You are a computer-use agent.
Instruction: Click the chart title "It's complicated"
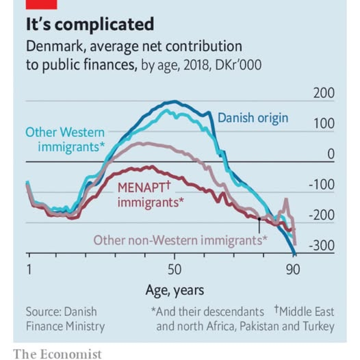coord(89,25)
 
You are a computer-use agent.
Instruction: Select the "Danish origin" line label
coord(253,118)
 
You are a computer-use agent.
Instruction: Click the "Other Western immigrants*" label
coord(66,139)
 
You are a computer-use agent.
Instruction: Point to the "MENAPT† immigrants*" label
coord(150,194)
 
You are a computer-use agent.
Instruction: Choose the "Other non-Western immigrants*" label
coord(180,240)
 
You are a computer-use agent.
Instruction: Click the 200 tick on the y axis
coord(324,93)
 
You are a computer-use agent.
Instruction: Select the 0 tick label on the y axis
coord(330,155)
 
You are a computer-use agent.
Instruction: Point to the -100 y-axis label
coord(321,185)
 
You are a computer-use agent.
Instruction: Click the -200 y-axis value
coord(321,216)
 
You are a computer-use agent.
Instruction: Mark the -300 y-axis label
coord(321,246)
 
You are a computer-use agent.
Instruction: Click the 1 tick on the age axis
coord(29,268)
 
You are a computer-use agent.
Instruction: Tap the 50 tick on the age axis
coord(175,268)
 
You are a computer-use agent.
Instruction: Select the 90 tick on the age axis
coord(294,268)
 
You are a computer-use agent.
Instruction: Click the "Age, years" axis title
coord(175,290)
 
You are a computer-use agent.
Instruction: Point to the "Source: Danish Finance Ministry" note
coord(65,318)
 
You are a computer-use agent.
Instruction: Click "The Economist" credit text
coord(57,353)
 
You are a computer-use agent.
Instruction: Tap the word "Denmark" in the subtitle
coord(55,47)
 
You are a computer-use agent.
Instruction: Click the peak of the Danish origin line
coord(173,102)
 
